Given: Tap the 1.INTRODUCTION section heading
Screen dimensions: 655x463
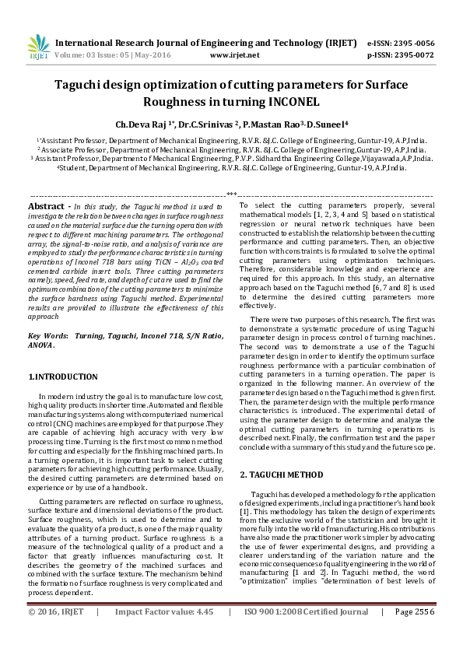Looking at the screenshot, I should (63, 377).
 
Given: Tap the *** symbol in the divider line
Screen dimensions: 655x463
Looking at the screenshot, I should (231, 193).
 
